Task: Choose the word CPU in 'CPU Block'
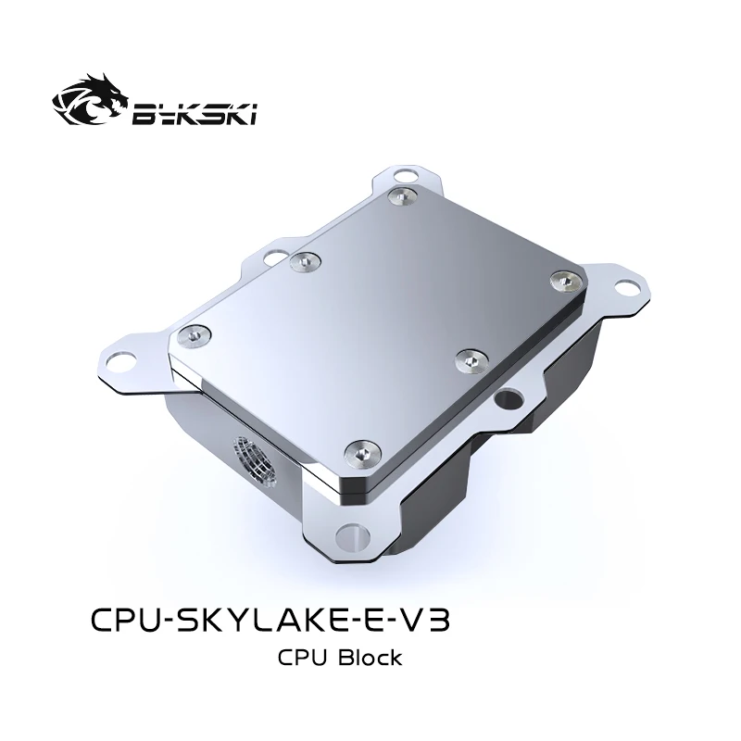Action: coord(300,659)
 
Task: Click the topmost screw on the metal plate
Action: coord(400,195)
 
